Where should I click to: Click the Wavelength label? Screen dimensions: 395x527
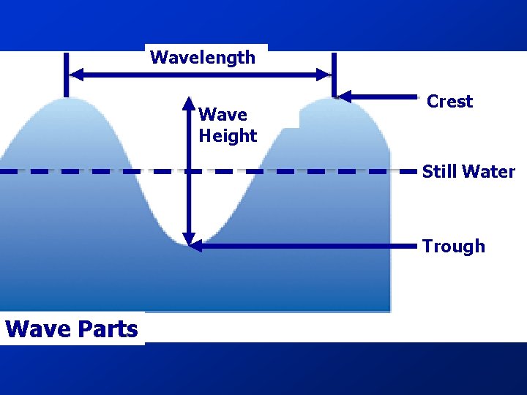(203, 58)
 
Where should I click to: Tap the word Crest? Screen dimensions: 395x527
(449, 102)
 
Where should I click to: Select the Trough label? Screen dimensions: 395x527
(453, 247)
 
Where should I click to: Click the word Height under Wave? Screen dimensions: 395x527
(228, 136)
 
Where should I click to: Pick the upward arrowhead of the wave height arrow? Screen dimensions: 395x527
(189, 102)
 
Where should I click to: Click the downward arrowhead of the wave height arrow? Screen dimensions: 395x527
(189, 239)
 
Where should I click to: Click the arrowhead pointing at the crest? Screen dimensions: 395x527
(344, 96)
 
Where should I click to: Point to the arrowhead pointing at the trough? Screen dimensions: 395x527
(195, 247)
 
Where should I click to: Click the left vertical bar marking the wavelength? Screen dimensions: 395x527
(66, 74)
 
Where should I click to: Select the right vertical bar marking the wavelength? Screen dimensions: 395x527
(333, 74)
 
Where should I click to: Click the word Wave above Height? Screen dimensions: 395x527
(223, 115)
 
